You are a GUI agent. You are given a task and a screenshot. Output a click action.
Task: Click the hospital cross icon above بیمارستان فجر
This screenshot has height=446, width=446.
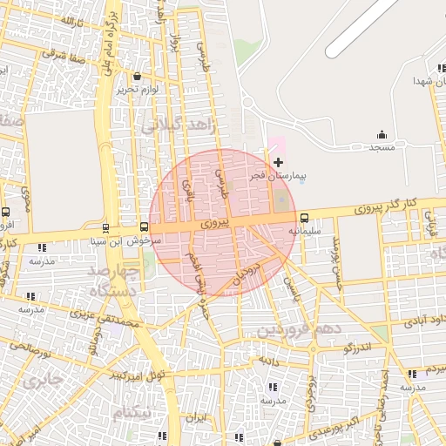tap(278, 163)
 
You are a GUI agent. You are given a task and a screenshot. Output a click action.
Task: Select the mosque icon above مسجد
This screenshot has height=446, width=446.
tap(382, 134)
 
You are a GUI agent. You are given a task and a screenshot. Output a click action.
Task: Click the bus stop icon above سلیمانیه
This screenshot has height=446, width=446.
tap(304, 218)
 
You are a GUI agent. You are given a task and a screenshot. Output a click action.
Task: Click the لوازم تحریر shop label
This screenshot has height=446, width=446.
tap(139, 89)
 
